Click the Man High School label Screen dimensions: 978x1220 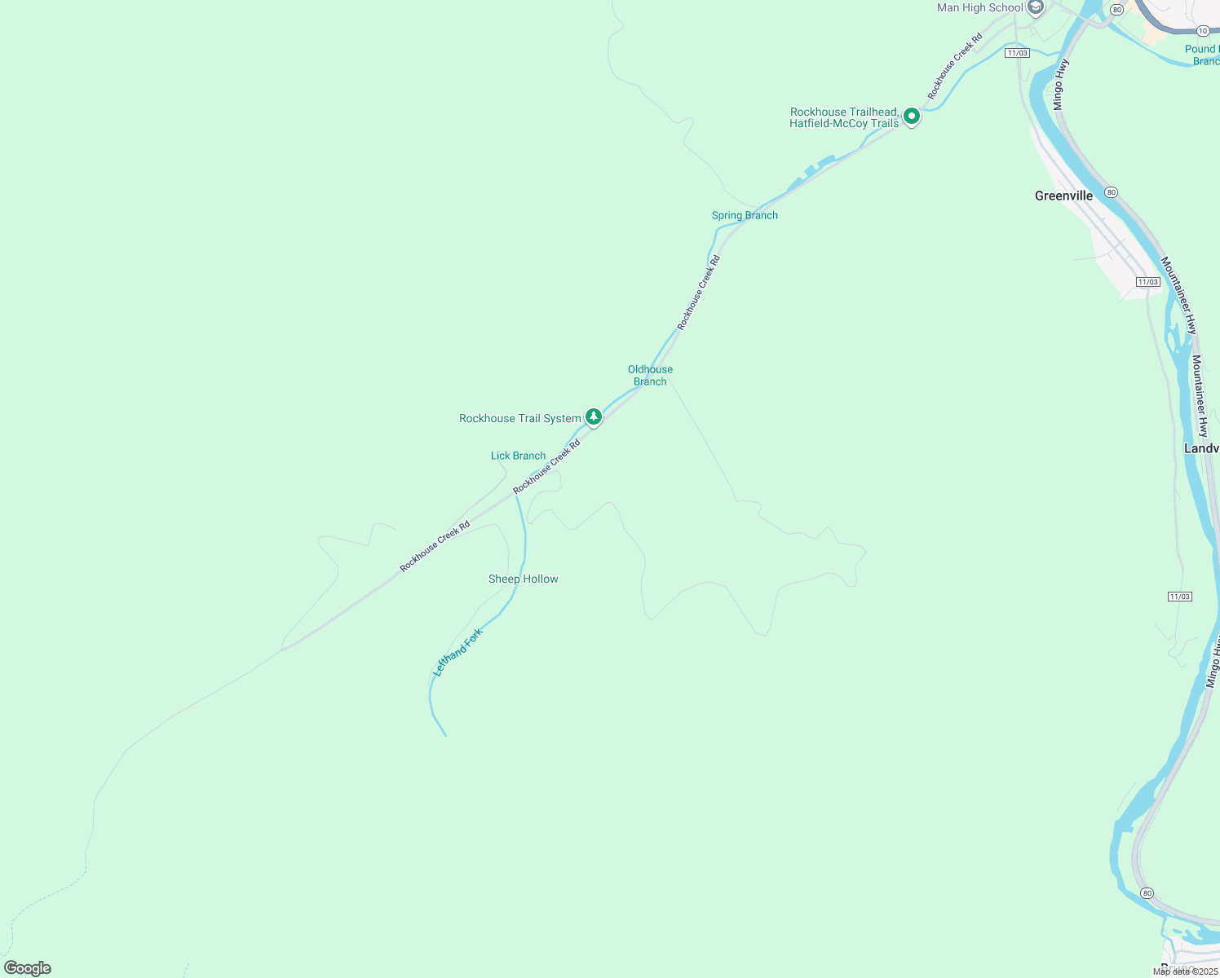(x=979, y=8)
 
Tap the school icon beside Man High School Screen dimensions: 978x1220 (x=1036, y=8)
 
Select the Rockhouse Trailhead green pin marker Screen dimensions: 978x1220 (x=912, y=117)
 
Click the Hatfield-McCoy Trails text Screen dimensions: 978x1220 (x=843, y=124)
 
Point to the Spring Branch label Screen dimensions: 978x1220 (x=745, y=216)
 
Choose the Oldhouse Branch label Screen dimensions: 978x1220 (x=650, y=376)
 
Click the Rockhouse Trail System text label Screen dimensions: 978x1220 (x=519, y=419)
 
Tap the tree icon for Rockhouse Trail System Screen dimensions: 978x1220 (x=594, y=417)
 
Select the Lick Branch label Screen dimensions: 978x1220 (x=518, y=456)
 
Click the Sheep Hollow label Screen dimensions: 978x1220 (x=523, y=579)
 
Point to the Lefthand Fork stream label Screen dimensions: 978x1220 (x=457, y=652)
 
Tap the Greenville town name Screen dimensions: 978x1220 (x=1063, y=196)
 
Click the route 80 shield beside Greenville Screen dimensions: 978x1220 (x=1111, y=192)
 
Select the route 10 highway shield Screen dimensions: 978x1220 (x=1203, y=31)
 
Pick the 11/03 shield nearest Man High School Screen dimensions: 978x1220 (x=1017, y=53)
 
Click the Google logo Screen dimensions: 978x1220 (x=28, y=968)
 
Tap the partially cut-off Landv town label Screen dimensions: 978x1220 (x=1201, y=449)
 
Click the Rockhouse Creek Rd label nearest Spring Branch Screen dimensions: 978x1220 (x=699, y=293)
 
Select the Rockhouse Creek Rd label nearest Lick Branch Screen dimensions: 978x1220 (x=546, y=466)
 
